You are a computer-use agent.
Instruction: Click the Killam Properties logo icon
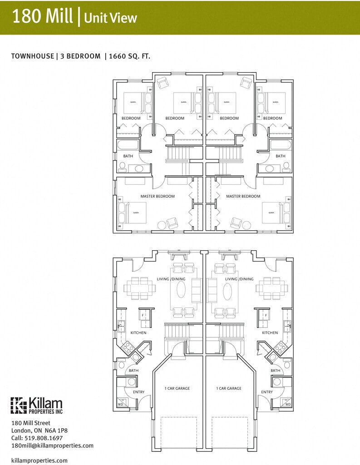pos(18,406)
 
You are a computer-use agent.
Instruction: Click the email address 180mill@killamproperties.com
pos(52,445)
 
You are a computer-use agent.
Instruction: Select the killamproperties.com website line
pos(39,460)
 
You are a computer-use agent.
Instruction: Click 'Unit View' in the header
pos(110,18)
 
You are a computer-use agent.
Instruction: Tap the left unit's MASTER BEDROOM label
pos(158,196)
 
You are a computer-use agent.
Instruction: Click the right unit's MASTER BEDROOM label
pos(243,196)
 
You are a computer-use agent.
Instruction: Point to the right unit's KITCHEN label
pos(270,333)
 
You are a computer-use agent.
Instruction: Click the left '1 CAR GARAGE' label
pos(177,388)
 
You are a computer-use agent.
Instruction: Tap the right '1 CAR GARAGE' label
pos(229,388)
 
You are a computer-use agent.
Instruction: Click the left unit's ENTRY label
pos(139,392)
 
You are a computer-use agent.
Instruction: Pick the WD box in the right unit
pos(287,403)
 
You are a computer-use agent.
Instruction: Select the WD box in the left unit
pos(121,403)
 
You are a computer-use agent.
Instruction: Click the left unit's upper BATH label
pos(128,156)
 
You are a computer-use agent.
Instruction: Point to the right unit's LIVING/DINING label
pos(239,279)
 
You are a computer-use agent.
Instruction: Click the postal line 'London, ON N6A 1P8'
pos(39,430)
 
